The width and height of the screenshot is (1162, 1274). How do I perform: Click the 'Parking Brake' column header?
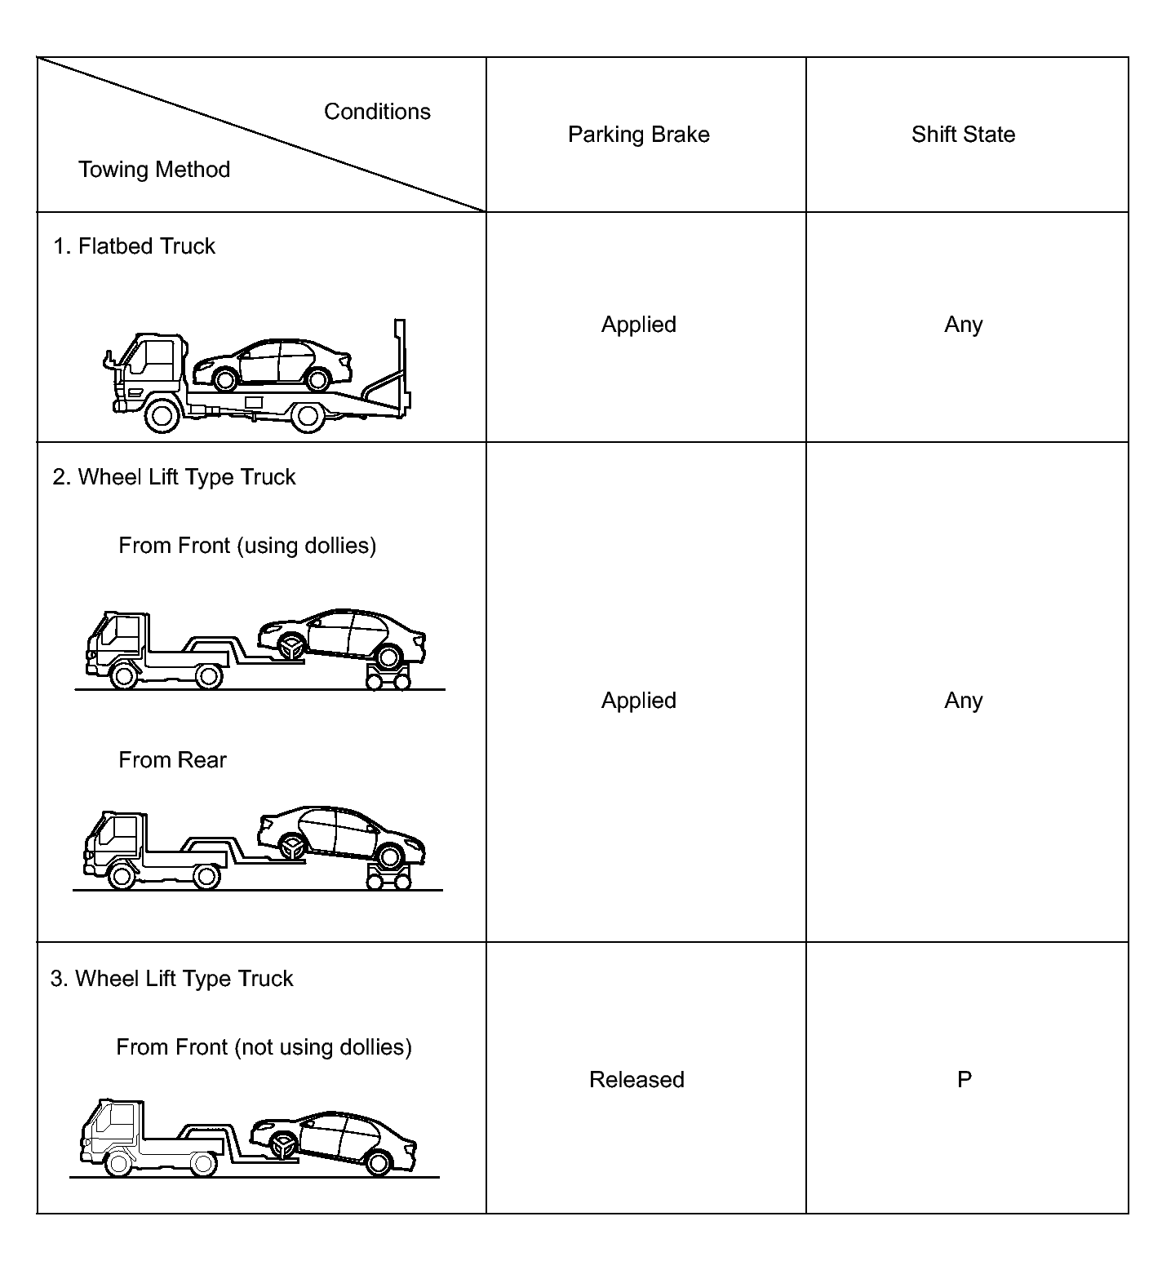point(638,135)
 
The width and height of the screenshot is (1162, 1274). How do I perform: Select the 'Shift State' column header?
point(963,135)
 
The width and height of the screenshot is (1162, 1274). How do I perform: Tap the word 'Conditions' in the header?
point(377,112)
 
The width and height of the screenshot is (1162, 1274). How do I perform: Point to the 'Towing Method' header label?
point(154,170)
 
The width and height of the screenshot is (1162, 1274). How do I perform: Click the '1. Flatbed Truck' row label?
point(135,246)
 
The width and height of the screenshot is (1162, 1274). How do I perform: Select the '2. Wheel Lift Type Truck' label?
point(174,477)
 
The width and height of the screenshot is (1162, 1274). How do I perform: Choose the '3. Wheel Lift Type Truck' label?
point(171,979)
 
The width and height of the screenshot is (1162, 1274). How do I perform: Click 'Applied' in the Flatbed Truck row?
point(638,325)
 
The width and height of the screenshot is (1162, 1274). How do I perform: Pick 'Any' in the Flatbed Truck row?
point(963,325)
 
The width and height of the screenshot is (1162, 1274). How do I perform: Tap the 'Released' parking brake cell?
point(636,1080)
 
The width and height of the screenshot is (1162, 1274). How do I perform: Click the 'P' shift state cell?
point(964,1080)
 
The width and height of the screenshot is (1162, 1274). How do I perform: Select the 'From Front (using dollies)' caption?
point(247,546)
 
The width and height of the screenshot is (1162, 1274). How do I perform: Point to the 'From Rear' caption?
point(172,760)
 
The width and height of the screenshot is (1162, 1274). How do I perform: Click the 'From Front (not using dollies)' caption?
point(264,1047)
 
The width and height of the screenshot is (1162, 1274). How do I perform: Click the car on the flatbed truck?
point(273,364)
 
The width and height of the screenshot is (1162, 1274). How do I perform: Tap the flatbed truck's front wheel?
point(162,416)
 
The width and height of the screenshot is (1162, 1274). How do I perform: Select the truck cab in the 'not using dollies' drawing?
point(111,1130)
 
